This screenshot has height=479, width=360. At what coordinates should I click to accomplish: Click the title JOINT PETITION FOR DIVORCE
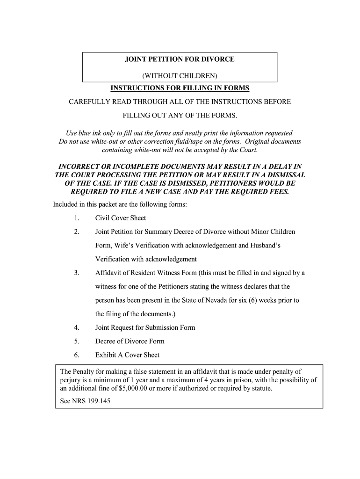180,60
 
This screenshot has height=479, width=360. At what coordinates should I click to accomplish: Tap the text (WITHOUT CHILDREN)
180,76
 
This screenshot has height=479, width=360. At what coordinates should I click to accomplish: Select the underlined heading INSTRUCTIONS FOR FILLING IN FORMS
180,88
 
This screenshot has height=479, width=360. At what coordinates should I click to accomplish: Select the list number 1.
76,218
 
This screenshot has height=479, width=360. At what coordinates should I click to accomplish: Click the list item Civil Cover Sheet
121,218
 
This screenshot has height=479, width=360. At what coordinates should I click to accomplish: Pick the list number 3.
76,273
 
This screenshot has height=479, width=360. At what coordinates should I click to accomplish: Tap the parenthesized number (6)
243,300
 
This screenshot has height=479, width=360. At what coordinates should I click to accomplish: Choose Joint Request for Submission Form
145,327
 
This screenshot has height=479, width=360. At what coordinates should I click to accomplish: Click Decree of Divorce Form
130,341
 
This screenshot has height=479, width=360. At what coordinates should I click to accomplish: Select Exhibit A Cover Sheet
127,355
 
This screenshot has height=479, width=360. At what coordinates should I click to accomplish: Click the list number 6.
76,355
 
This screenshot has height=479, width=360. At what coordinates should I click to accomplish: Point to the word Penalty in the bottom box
85,372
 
